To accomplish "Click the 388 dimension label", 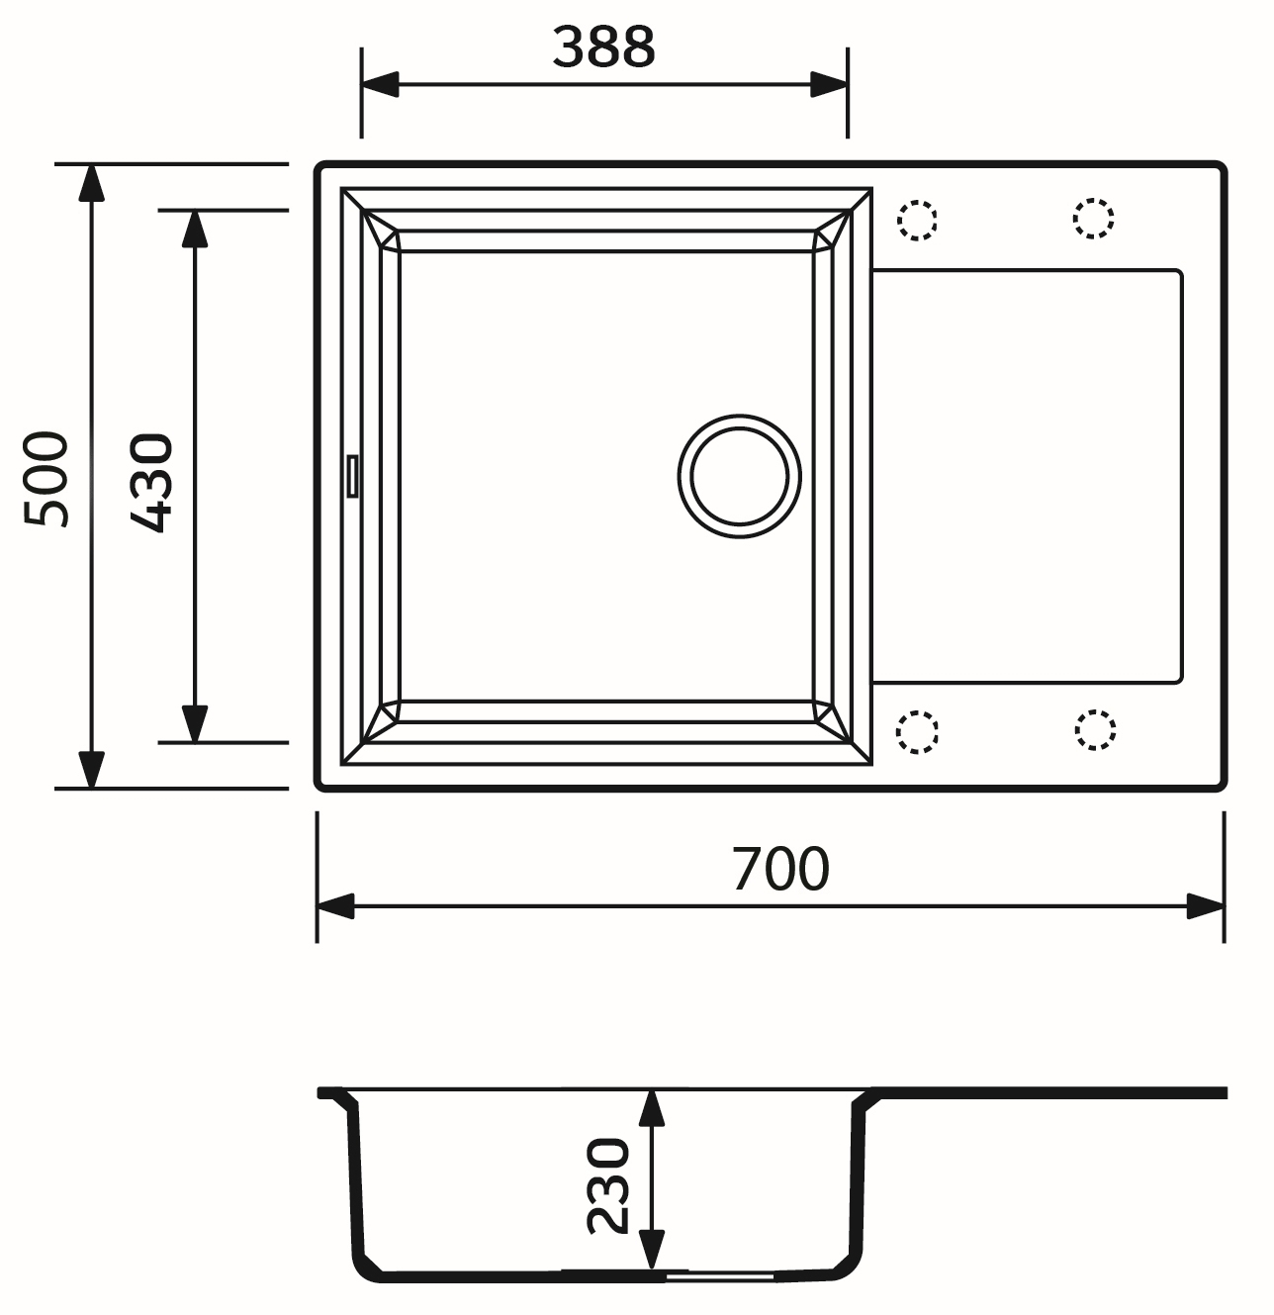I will (603, 47).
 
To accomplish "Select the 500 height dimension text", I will (47, 479).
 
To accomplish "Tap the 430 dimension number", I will (152, 482).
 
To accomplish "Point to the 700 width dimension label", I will (780, 869).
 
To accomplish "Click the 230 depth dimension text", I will (608, 1186).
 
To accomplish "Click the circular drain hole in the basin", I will (739, 476).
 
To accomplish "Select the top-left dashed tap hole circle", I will (917, 220).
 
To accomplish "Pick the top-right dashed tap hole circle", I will (1093, 218).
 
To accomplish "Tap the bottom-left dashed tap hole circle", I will (917, 732).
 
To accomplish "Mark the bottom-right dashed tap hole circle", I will (1094, 729).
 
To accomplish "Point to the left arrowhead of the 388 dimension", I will (380, 85).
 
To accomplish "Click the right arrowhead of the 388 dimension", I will (829, 85).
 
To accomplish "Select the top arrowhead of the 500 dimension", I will (91, 184).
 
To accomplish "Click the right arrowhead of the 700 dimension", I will (1205, 905).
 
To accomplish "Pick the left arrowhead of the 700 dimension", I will (336, 905).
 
